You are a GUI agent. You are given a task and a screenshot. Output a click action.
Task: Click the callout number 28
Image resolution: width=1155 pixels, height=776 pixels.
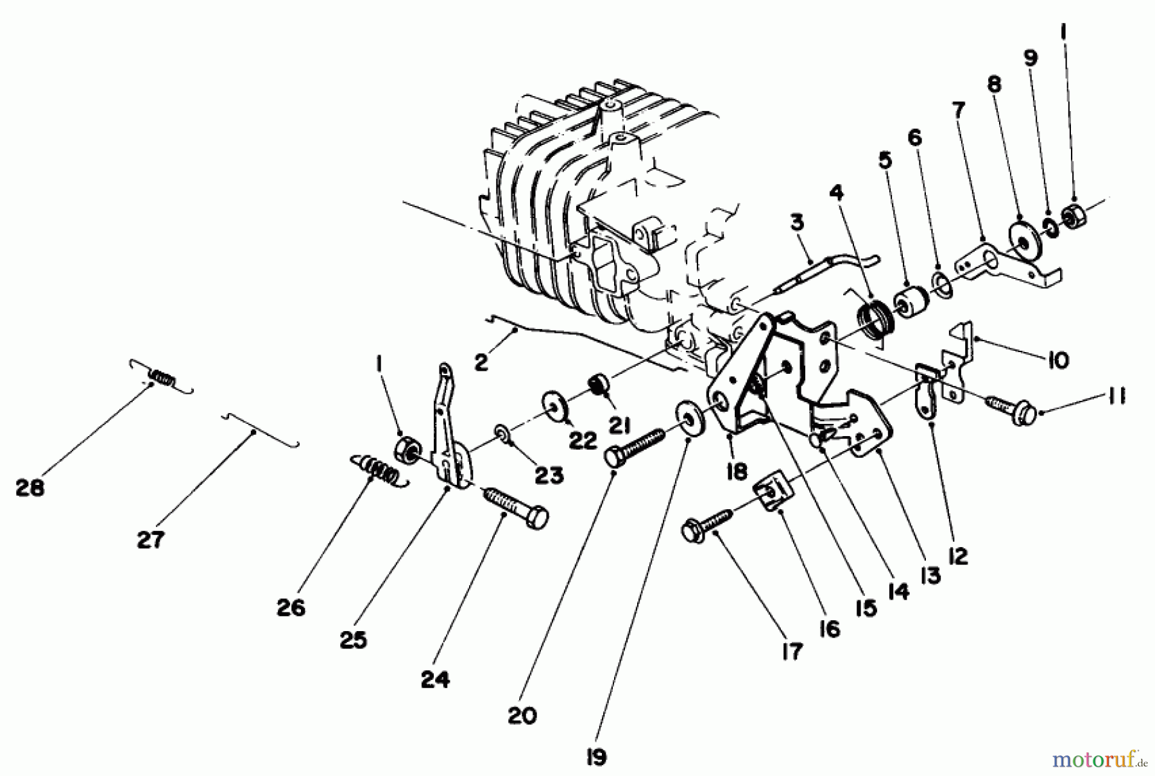tap(30, 488)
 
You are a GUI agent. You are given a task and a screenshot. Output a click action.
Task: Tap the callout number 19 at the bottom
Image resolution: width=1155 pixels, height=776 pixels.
tap(596, 757)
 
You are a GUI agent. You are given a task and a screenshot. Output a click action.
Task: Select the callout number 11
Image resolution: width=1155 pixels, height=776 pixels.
tap(1116, 398)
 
